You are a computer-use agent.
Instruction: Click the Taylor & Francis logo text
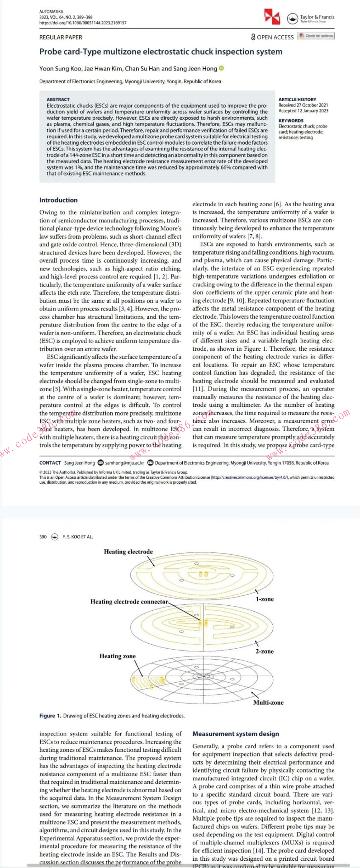(317, 18)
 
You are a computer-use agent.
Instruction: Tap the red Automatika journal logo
(272, 16)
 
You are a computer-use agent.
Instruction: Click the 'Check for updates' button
(316, 36)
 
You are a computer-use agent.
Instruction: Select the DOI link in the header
(83, 23)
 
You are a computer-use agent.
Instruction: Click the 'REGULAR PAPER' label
(61, 38)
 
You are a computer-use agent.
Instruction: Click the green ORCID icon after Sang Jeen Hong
(221, 69)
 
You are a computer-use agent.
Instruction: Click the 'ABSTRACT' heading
(58, 99)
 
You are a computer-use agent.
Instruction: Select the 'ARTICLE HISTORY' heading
(297, 99)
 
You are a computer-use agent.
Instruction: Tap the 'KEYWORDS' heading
(291, 121)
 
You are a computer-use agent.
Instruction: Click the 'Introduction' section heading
(58, 200)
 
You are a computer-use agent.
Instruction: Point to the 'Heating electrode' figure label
(128, 552)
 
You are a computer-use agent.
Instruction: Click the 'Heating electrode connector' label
(129, 602)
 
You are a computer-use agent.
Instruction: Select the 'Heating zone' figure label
(117, 656)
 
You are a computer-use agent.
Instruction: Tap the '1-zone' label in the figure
(265, 599)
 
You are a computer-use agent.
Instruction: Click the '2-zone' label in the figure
(265, 651)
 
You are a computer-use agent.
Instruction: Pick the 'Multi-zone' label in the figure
(268, 703)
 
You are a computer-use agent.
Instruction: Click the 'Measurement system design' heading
(236, 734)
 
